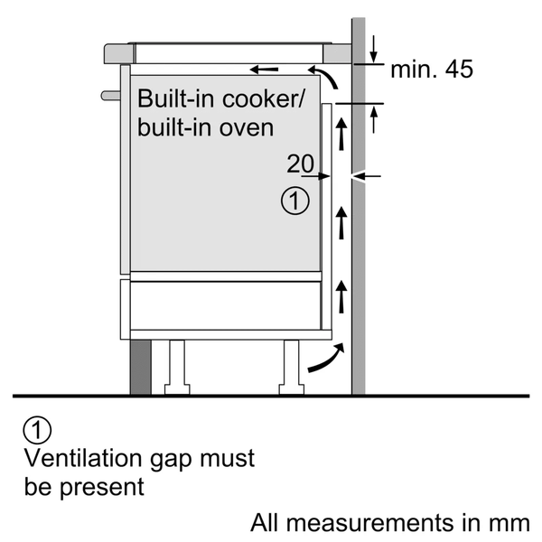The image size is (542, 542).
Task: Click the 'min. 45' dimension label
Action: [431, 70]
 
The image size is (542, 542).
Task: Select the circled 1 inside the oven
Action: [295, 201]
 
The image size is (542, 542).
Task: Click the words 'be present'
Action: [84, 487]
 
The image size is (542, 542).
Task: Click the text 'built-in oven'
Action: [205, 127]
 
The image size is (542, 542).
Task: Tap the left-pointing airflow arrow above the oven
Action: [264, 70]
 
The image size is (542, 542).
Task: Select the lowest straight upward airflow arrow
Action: [341, 295]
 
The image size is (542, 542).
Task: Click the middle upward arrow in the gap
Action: [341, 220]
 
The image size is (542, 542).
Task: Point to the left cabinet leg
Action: [175, 367]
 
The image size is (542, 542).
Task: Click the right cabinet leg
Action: [292, 367]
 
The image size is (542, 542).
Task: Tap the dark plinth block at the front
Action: [140, 367]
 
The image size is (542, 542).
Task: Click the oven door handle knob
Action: [108, 93]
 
